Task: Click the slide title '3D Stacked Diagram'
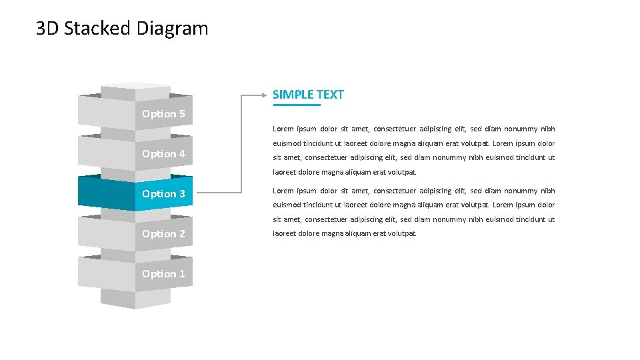tap(122, 29)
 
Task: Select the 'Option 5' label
tap(163, 114)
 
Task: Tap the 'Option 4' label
tap(163, 154)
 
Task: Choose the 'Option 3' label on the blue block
tap(163, 194)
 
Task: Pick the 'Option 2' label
tap(163, 234)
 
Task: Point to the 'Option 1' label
tap(163, 274)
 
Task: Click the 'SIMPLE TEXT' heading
tap(308, 95)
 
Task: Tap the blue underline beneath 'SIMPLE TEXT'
tap(297, 105)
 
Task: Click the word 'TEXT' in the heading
tap(330, 95)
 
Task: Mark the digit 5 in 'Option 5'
tap(181, 114)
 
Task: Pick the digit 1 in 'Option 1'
tap(181, 274)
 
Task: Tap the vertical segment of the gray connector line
tap(241, 143)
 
